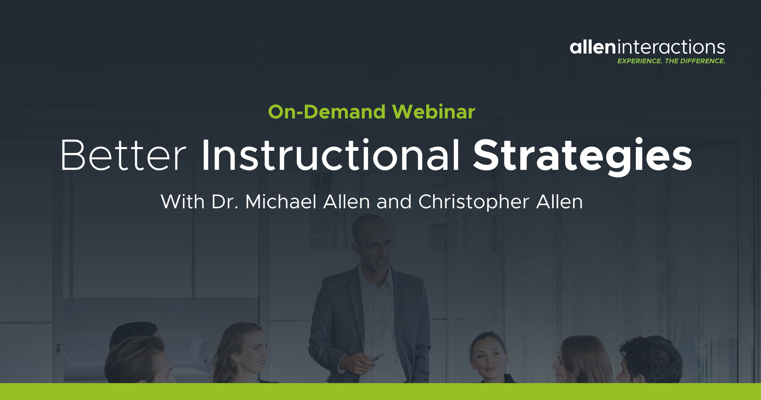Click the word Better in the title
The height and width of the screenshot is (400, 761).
[123, 156]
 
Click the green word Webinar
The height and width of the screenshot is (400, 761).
[433, 112]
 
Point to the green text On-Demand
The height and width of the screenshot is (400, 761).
[327, 112]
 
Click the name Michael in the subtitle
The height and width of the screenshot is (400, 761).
[281, 202]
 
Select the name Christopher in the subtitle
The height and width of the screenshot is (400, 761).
[474, 202]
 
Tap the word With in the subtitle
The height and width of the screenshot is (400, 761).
[182, 202]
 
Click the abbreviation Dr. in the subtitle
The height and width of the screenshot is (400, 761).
[224, 202]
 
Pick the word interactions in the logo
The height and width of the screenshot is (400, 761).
[671, 48]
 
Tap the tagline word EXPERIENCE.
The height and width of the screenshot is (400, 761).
[639, 61]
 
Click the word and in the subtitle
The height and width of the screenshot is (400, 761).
[394, 202]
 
